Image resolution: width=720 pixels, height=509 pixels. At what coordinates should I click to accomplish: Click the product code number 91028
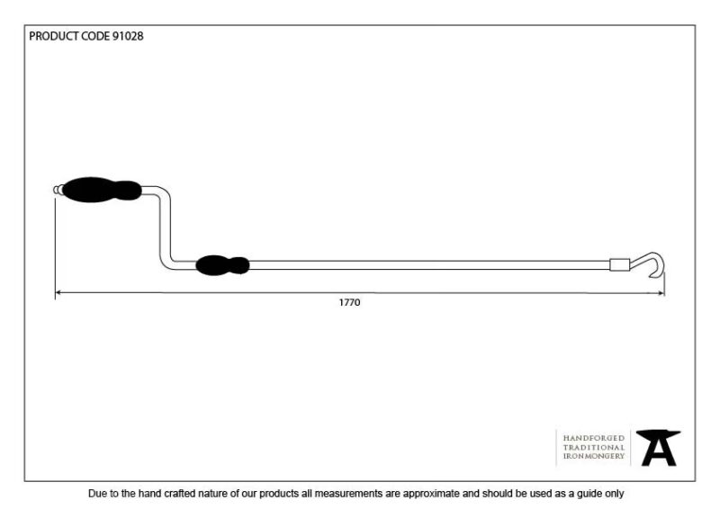point(128,36)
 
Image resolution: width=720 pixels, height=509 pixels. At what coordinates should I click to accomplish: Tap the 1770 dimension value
point(349,302)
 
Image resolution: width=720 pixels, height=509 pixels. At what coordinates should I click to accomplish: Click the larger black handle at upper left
point(102,190)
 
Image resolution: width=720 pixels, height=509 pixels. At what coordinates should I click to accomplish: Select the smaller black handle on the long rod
point(222,265)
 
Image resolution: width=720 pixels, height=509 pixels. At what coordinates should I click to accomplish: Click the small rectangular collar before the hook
point(619,264)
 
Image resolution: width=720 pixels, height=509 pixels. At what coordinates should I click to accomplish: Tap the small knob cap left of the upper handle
point(58,190)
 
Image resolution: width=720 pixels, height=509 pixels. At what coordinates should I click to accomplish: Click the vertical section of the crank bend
point(166,228)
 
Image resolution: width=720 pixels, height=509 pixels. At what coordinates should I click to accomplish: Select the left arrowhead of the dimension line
point(58,292)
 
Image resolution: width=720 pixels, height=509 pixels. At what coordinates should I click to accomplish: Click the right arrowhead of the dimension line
point(661,293)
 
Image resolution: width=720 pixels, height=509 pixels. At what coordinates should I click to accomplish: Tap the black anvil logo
point(658,448)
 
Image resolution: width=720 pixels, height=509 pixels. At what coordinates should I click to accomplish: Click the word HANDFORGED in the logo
point(594,438)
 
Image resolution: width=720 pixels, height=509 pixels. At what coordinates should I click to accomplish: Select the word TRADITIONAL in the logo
point(594,448)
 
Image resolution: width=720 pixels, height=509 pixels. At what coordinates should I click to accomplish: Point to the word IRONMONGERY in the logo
point(594,456)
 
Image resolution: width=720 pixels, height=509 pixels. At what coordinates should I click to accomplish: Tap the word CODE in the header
point(95,36)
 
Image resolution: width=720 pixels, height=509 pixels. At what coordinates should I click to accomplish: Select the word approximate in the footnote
point(431,495)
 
